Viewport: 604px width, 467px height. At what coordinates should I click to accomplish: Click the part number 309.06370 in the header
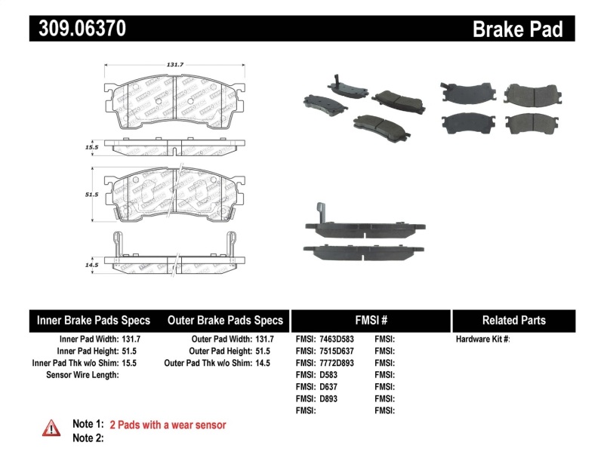tap(78, 29)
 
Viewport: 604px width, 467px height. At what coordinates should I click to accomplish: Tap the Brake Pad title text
tap(518, 29)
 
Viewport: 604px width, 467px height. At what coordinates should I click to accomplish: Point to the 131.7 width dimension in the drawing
tap(174, 65)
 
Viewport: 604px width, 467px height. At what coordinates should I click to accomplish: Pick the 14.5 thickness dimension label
tap(93, 266)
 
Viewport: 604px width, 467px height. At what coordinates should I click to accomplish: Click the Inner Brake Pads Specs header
tap(94, 321)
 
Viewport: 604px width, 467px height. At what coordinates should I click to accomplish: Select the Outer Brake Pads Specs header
tap(225, 321)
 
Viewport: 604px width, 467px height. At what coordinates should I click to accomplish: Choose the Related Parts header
tap(514, 321)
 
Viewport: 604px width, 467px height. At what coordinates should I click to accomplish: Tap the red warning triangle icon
tap(51, 428)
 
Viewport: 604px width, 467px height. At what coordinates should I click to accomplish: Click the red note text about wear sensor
tap(168, 425)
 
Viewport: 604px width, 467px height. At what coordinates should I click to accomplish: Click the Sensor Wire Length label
tap(82, 375)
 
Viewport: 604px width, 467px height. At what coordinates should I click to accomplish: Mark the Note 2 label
tap(88, 438)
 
